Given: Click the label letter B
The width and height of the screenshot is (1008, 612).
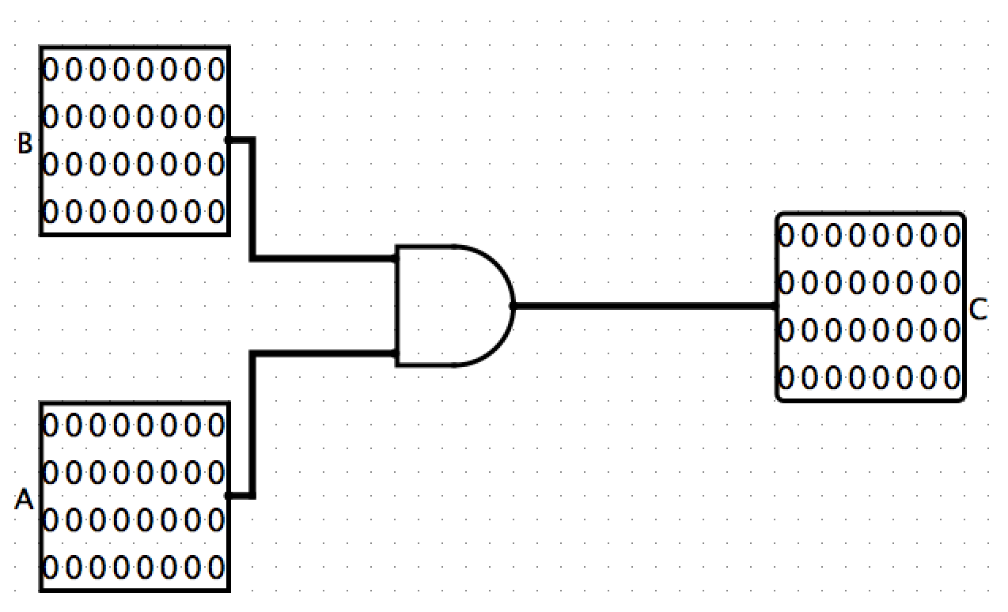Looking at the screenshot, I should point(25,144).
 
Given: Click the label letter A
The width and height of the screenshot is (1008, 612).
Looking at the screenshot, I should point(25,500).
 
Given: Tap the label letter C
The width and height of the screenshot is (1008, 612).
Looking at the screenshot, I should point(979,310).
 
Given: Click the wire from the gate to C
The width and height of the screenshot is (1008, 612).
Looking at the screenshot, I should point(645,305).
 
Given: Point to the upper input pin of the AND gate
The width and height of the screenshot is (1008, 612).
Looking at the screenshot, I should point(396,258).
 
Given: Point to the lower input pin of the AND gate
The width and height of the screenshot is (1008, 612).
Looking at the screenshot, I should point(396,353).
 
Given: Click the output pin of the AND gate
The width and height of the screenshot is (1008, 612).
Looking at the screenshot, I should point(513,305).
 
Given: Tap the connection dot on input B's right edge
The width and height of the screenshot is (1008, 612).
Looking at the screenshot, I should point(228,140).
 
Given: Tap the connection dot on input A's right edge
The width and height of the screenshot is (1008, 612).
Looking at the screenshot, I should point(228,496).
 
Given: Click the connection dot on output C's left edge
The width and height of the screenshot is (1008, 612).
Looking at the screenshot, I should point(776,305).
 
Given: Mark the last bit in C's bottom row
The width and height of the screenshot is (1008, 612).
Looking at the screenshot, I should point(952,376).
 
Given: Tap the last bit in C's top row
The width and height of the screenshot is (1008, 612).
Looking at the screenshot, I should point(952,236).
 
